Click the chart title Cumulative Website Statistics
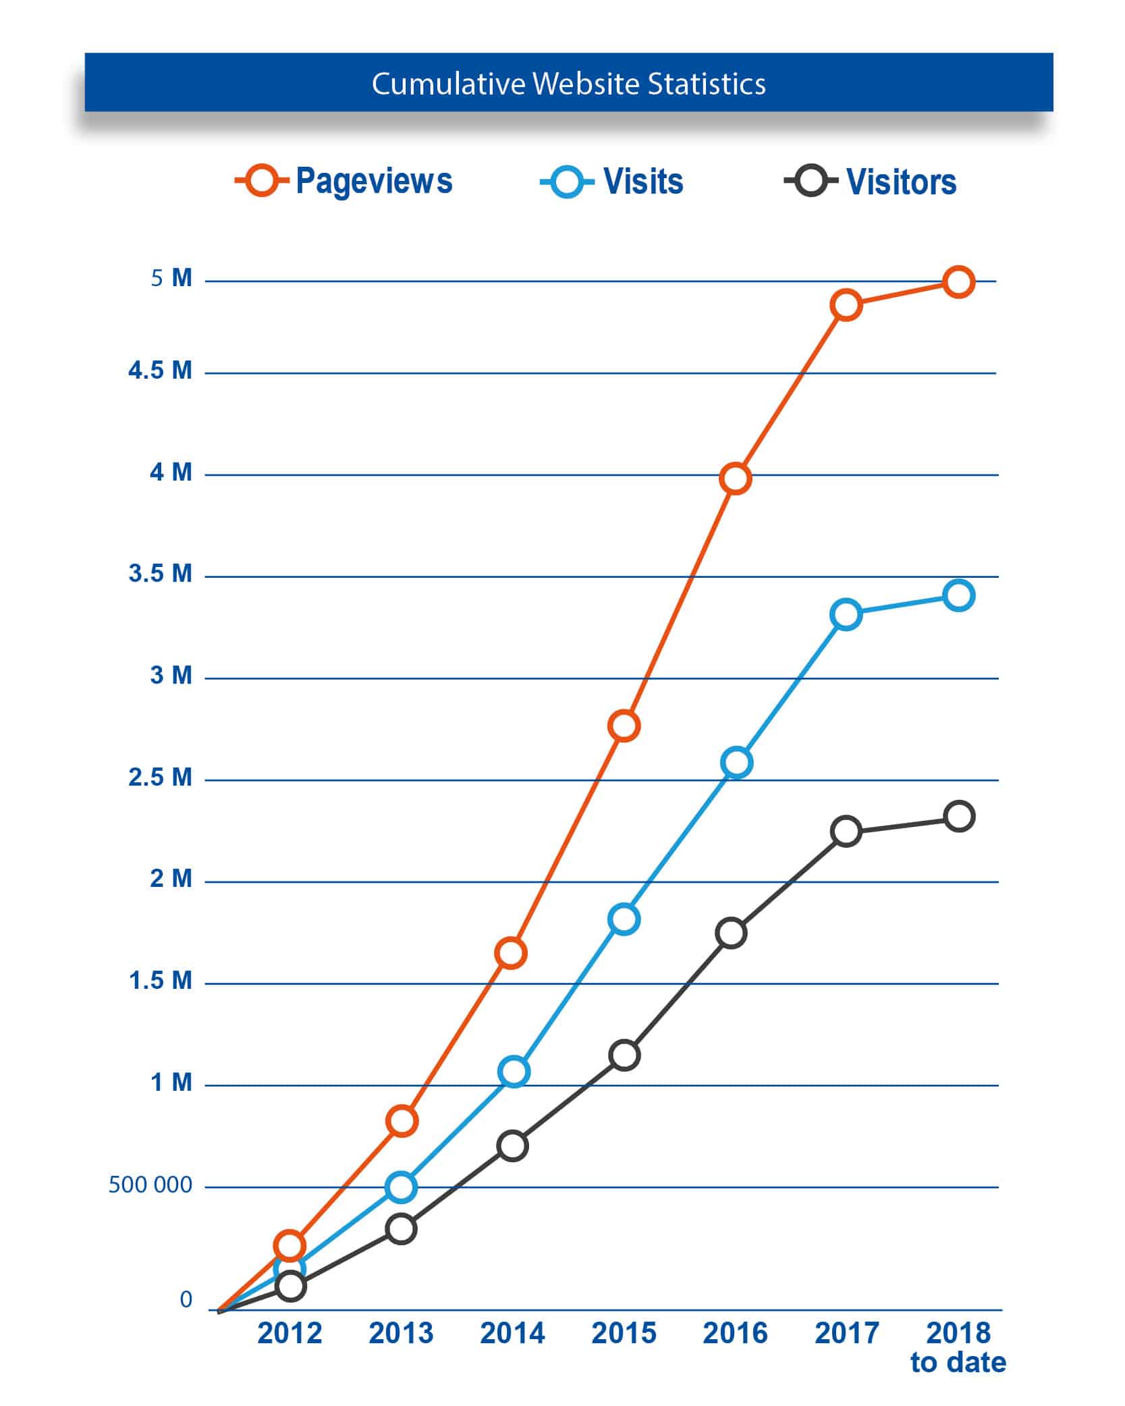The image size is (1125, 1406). pyautogui.click(x=568, y=84)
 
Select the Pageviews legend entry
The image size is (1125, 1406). pyautogui.click(x=344, y=181)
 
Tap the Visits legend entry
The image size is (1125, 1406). pyautogui.click(x=612, y=182)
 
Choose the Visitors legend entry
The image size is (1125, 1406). pyautogui.click(x=871, y=182)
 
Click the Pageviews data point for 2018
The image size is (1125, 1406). pyautogui.click(x=958, y=281)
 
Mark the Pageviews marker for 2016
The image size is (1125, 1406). pyautogui.click(x=735, y=479)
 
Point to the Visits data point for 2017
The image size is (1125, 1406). pyautogui.click(x=846, y=614)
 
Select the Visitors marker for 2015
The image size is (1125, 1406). pyautogui.click(x=624, y=1055)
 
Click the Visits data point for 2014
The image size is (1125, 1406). pyautogui.click(x=514, y=1071)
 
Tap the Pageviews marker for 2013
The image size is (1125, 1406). pyautogui.click(x=402, y=1120)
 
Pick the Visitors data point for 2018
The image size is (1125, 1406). pyautogui.click(x=958, y=817)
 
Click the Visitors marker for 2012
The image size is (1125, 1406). pyautogui.click(x=290, y=1286)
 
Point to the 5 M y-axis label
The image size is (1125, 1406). pyautogui.click(x=171, y=278)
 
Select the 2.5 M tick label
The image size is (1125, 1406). pyautogui.click(x=161, y=778)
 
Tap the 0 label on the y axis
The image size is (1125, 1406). pyautogui.click(x=186, y=1299)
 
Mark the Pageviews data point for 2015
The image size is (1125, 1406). pyautogui.click(x=624, y=726)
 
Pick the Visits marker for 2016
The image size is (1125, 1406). pyautogui.click(x=736, y=763)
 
